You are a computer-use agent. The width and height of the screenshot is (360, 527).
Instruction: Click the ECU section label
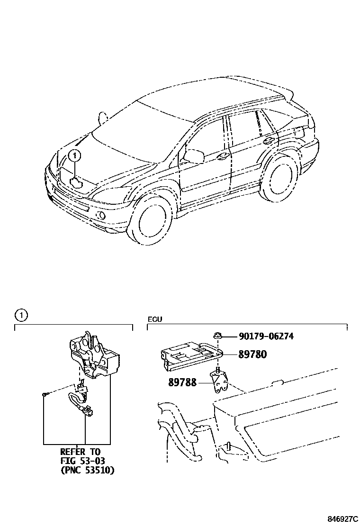click(154, 319)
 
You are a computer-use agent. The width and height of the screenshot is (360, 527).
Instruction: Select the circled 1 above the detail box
click(21, 315)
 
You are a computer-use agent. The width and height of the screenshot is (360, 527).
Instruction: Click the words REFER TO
click(81, 452)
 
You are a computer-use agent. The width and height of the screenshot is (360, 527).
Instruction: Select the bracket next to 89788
click(219, 382)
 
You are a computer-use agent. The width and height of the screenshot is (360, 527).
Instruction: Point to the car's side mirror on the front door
click(194, 155)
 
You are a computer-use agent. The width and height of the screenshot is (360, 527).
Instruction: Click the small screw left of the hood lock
click(44, 394)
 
